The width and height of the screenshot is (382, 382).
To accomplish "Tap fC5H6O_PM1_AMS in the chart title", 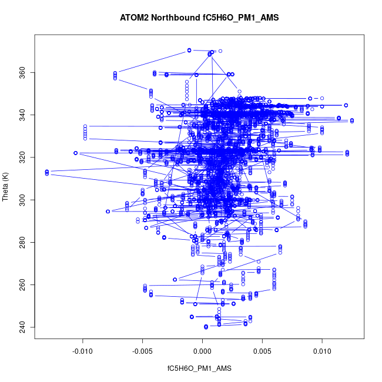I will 239,18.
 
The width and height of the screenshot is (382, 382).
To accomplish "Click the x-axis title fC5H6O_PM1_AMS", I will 200,368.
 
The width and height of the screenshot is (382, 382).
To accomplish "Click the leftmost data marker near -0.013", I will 46,172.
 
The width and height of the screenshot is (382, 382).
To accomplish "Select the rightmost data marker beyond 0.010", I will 351,120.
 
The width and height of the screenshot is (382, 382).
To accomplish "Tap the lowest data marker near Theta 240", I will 206,327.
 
